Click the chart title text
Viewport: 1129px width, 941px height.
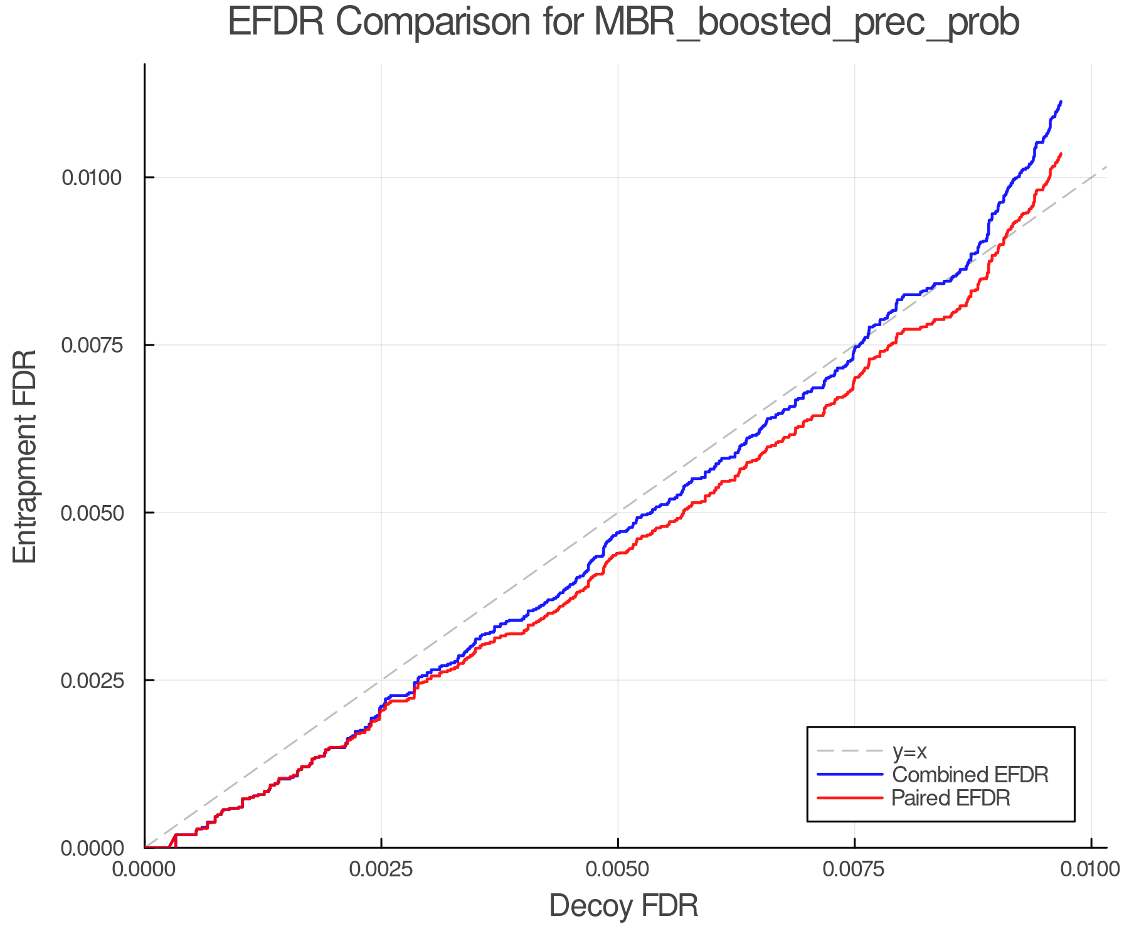coord(623,23)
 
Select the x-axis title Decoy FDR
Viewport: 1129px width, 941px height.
coord(623,906)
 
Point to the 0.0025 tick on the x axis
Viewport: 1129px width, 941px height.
coord(381,869)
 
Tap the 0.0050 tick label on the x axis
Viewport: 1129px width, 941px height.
coord(618,869)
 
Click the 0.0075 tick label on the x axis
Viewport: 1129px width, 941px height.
coord(854,869)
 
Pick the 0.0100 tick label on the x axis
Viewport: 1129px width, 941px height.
coord(1090,869)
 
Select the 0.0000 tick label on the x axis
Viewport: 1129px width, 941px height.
coord(145,869)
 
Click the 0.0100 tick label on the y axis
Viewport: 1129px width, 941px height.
coord(91,178)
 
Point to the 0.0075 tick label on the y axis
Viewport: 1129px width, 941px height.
coord(91,345)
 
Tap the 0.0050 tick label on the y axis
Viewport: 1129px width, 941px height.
coord(91,513)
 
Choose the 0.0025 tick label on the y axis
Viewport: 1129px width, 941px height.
coord(91,680)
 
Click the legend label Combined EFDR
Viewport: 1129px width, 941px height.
coord(970,775)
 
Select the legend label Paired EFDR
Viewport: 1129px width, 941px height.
coord(950,798)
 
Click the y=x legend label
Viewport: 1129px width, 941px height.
coord(909,751)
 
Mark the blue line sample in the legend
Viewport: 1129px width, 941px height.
coord(850,775)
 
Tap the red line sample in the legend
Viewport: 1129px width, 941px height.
coord(850,798)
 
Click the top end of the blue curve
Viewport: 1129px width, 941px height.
coord(1061,102)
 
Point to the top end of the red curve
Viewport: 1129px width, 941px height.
coord(1061,154)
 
